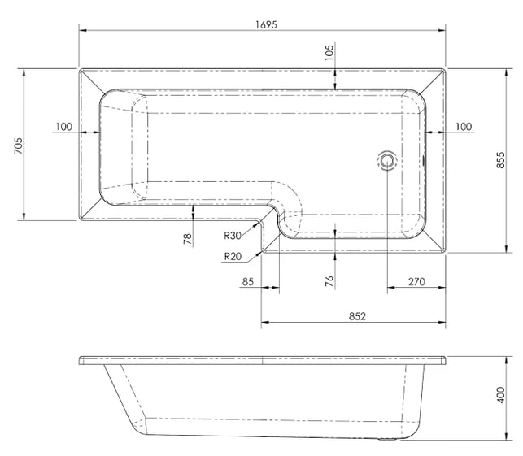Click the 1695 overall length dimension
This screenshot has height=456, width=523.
[266, 24]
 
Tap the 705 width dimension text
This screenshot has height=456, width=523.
[19, 145]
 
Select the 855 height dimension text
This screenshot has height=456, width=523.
[501, 160]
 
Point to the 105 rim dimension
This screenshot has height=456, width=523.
[329, 52]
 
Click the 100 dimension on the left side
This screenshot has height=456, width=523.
[63, 127]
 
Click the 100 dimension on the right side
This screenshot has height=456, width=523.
[464, 127]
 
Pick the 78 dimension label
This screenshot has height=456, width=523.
[188, 239]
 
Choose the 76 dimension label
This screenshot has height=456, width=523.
[329, 281]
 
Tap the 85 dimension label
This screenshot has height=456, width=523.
[248, 282]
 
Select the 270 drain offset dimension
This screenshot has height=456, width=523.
[416, 282]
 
